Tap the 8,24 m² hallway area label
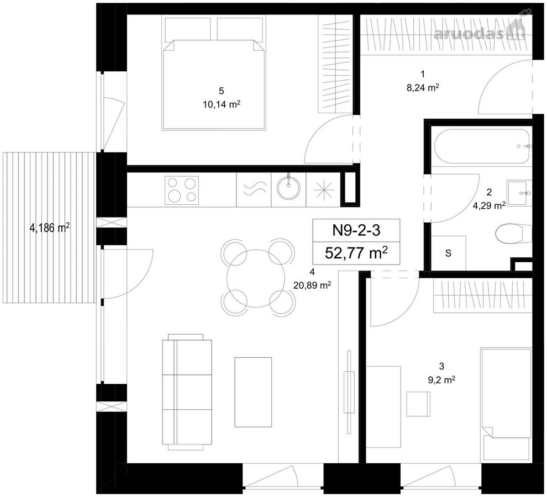423,88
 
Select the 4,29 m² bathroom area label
489,205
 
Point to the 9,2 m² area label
441,380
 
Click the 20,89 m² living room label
312,285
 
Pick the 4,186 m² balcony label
50,228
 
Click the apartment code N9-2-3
356,230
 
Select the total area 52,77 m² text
356,252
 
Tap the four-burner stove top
182,190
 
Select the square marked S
449,253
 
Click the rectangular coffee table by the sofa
253,392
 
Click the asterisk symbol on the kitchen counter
324,190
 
